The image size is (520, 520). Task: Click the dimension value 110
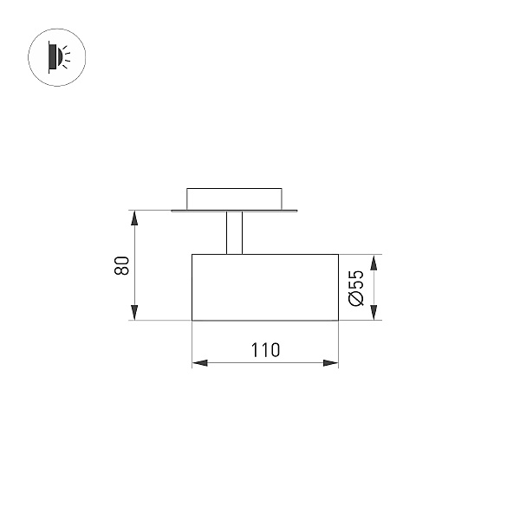(x=265, y=350)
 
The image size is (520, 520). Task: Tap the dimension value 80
(x=121, y=265)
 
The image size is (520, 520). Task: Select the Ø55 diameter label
(x=356, y=289)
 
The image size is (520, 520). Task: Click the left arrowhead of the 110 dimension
(x=199, y=363)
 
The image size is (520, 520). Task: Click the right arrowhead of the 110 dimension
(x=331, y=363)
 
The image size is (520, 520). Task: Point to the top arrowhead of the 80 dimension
(x=134, y=218)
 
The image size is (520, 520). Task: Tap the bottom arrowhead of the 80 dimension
(x=134, y=312)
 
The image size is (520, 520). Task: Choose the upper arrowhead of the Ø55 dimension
(x=374, y=263)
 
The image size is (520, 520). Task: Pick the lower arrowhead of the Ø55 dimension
(x=374, y=312)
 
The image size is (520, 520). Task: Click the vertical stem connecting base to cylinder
(x=235, y=233)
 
